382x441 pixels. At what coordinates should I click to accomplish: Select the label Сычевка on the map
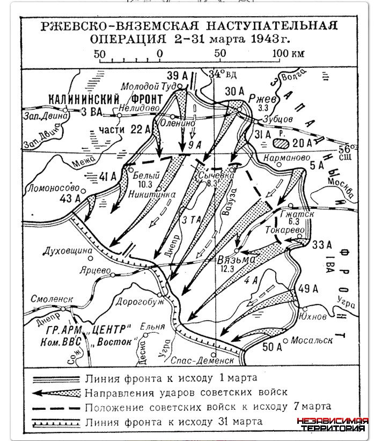pos(212,175)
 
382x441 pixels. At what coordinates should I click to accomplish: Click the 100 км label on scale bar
pos(288,54)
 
